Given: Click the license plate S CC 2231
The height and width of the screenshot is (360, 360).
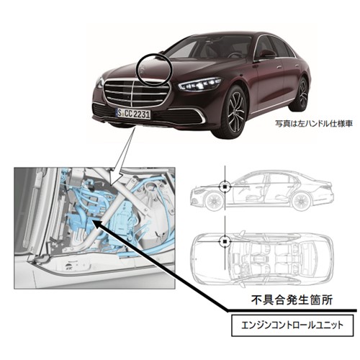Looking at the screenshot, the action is click(133, 114).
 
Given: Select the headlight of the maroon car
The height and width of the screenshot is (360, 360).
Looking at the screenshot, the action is click(199, 84).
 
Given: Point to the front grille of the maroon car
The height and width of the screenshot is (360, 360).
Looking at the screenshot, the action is click(136, 93).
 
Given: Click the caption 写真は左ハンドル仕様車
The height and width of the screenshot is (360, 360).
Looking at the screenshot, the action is click(313, 124).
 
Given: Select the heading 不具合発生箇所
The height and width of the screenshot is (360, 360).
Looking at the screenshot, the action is click(292, 300).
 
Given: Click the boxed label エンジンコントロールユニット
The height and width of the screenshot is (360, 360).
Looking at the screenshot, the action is click(292, 325).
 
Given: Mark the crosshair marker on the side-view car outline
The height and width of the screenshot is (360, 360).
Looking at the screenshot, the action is click(225, 186).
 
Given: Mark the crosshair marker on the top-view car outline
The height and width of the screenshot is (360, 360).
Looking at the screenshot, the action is click(225, 241).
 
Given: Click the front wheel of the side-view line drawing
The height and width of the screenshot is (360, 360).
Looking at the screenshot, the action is click(214, 202).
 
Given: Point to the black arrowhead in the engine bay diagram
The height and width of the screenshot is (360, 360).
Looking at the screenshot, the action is click(96, 225).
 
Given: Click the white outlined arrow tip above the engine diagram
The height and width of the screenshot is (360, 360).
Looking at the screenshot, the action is click(111, 184).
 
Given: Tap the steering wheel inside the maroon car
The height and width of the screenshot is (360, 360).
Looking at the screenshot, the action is click(235, 55).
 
